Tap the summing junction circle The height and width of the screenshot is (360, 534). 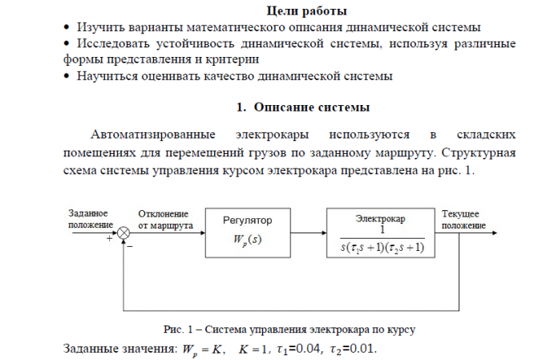(x=124, y=233)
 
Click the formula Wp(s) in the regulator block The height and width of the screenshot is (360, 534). (x=246, y=239)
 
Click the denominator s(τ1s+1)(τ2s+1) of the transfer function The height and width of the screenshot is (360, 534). (x=381, y=247)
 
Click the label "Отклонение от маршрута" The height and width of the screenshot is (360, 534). (x=164, y=220)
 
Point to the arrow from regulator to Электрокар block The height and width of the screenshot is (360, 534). (x=307, y=233)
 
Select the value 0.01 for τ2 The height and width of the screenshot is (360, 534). (x=361, y=350)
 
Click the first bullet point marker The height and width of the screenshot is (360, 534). (x=67, y=28)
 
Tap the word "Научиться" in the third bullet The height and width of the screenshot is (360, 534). (x=105, y=77)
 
